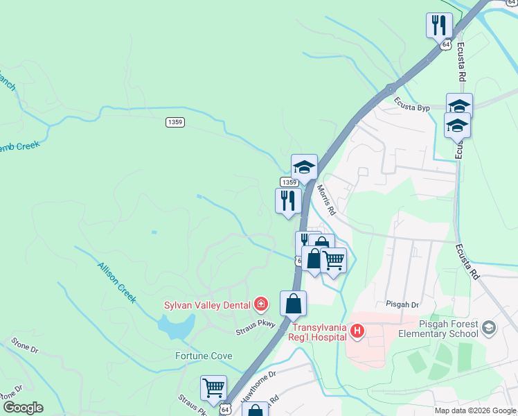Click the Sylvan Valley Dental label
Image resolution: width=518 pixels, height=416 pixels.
pos(207,304)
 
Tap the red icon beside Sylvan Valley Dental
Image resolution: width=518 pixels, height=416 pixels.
pos(261,304)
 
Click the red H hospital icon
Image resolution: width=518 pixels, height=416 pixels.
pos(357,332)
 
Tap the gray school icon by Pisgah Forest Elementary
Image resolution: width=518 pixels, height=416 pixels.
pos(489,327)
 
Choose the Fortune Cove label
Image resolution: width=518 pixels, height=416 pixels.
pos(203,356)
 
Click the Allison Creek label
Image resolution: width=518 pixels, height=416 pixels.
pos(116,282)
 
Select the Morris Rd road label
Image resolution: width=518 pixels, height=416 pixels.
pos(326,200)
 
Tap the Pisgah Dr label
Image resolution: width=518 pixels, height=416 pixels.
pos(402,304)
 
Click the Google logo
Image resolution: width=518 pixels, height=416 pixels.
pos(22,408)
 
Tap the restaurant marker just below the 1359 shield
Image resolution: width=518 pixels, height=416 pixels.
pos(287,201)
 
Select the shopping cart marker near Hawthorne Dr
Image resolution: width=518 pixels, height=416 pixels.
pos(213,388)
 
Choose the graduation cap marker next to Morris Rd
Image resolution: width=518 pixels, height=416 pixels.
pos(304,167)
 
